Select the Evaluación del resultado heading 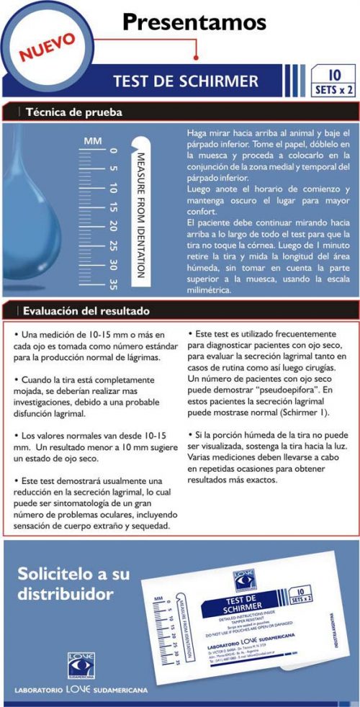click(86, 312)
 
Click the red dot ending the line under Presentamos click(197, 58)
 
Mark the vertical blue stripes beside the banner click(296, 76)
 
